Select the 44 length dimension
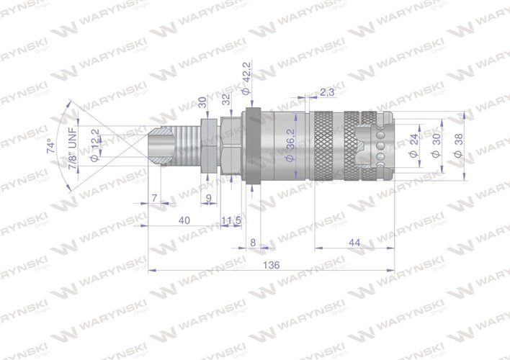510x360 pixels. point(353,243)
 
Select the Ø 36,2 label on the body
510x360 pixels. point(287,147)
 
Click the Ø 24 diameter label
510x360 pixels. point(413,145)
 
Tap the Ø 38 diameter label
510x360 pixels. point(459,145)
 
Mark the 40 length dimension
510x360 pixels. point(184,221)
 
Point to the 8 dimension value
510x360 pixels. point(253,243)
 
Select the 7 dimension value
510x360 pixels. point(153,197)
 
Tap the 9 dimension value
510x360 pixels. point(208,197)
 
